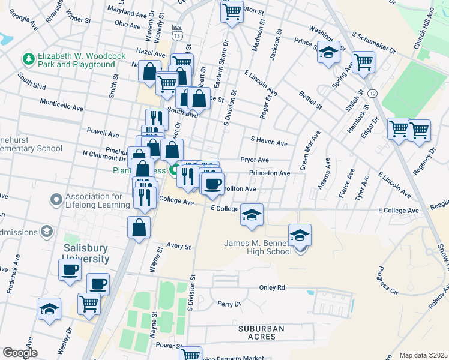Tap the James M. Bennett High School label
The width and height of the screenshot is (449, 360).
258,247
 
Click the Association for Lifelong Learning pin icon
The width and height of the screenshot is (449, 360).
56,199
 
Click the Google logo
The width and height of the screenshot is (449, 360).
20,353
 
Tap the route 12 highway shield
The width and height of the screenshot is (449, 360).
373,94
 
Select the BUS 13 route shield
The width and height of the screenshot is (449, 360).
176,32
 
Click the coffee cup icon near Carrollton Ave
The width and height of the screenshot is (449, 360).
211,184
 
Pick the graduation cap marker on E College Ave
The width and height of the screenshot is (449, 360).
252,214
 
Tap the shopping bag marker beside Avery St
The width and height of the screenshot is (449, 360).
139,227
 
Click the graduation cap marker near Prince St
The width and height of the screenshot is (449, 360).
328,53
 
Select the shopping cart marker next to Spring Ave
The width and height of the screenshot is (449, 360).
363,61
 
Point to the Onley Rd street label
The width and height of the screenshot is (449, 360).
271,287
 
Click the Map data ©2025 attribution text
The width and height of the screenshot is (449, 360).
423,355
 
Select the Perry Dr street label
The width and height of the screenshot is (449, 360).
229,304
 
